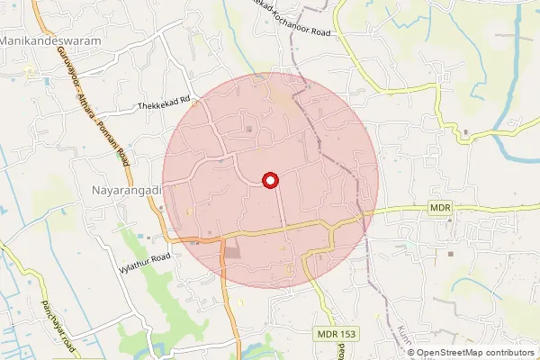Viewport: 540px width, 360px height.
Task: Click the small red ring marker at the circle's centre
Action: (x=268, y=180)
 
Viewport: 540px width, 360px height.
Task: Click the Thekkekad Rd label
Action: (x=166, y=105)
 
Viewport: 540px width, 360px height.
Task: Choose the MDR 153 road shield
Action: (x=337, y=334)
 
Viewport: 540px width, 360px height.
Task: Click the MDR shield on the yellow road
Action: (x=439, y=209)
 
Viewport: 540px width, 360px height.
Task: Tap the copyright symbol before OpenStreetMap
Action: (x=411, y=352)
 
